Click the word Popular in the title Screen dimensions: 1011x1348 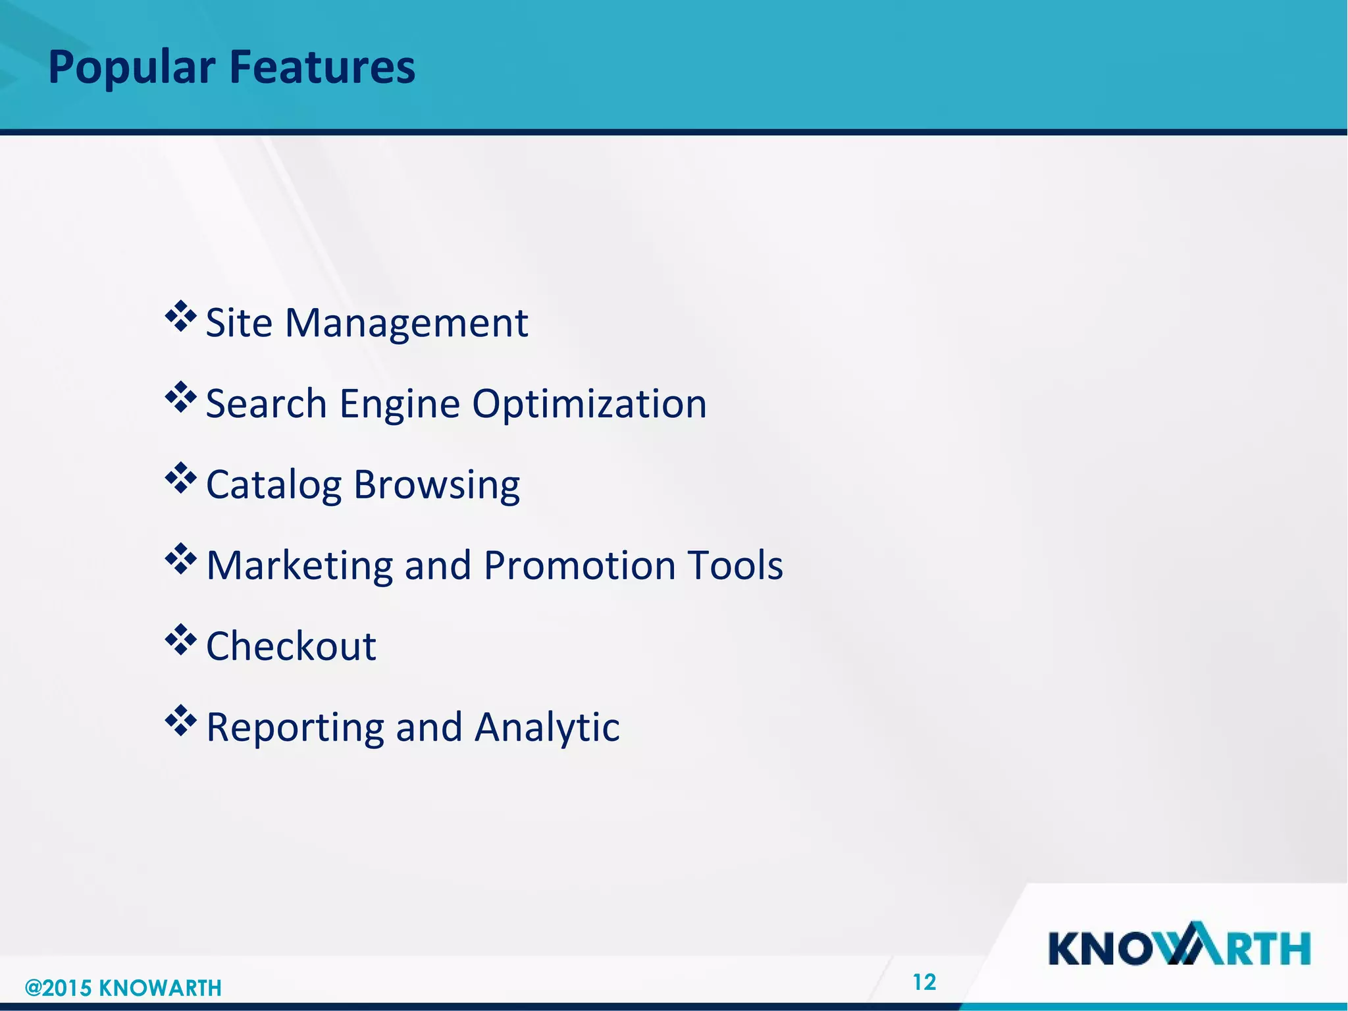[x=132, y=68]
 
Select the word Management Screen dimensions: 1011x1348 [x=406, y=324]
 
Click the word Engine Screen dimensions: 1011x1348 [x=400, y=405]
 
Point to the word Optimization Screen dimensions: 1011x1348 [x=589, y=405]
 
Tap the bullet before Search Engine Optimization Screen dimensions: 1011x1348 [x=181, y=398]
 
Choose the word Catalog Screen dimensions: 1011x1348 [x=274, y=486]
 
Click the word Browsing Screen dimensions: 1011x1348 [x=436, y=486]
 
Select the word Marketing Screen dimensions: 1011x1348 [x=299, y=566]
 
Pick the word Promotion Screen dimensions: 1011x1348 [x=579, y=566]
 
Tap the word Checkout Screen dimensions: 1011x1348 [x=291, y=646]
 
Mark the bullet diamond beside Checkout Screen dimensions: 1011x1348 [x=181, y=640]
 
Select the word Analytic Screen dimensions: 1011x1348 [x=547, y=728]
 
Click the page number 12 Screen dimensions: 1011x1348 [x=924, y=982]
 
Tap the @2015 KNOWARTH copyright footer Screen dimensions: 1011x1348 [x=123, y=988]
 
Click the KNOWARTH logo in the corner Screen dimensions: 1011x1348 [x=1179, y=945]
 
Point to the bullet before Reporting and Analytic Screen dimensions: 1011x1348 [x=181, y=721]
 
